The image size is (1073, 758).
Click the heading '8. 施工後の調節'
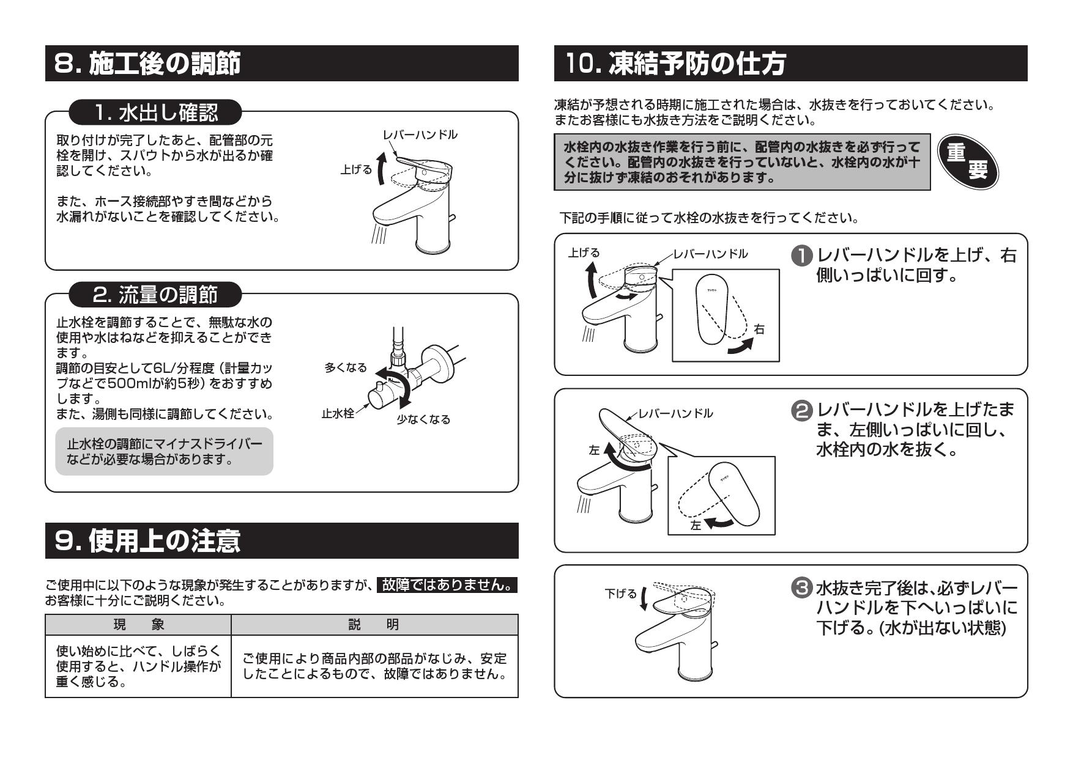pos(147,63)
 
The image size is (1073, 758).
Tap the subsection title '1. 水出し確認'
pos(155,112)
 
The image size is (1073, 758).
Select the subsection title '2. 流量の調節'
pos(155,295)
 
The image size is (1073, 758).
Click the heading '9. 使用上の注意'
pos(147,540)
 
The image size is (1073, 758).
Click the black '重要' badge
pos(967,162)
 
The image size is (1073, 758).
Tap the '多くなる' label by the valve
pos(346,367)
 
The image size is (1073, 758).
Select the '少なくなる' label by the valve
pos(423,419)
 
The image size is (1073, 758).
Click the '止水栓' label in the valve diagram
pos(338,414)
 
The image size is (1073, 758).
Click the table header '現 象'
pos(138,625)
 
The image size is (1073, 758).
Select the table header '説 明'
pos(374,625)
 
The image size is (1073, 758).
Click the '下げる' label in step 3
pos(620,594)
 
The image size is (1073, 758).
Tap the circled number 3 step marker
pos(803,588)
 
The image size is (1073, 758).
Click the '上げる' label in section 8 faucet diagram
pos(356,170)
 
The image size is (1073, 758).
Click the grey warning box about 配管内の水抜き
pos(742,163)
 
